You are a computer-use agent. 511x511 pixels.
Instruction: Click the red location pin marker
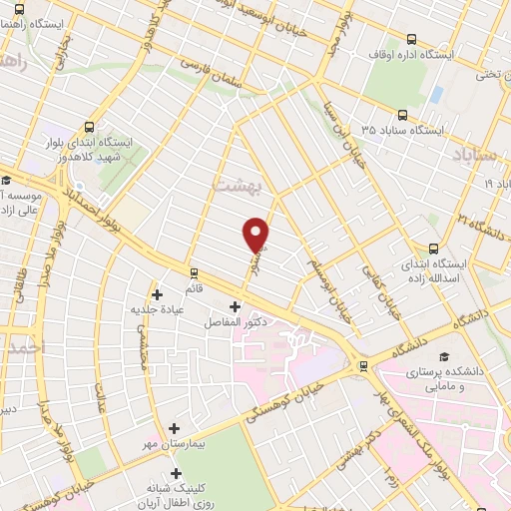tap(256, 234)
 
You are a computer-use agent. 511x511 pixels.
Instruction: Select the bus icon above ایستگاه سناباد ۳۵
tap(401, 115)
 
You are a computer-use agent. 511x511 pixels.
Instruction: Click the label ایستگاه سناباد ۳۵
tap(396, 130)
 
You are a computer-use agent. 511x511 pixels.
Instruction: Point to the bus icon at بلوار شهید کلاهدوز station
tap(90, 127)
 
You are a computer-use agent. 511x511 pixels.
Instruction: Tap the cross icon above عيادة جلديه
tap(157, 293)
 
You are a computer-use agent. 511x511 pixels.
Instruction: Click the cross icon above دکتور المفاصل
tap(236, 306)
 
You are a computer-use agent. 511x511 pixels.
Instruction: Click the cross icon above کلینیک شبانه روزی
tap(176, 473)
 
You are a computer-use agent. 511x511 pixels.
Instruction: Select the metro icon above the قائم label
tap(193, 270)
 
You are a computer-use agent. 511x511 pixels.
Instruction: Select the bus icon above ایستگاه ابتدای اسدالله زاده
tap(433, 249)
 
